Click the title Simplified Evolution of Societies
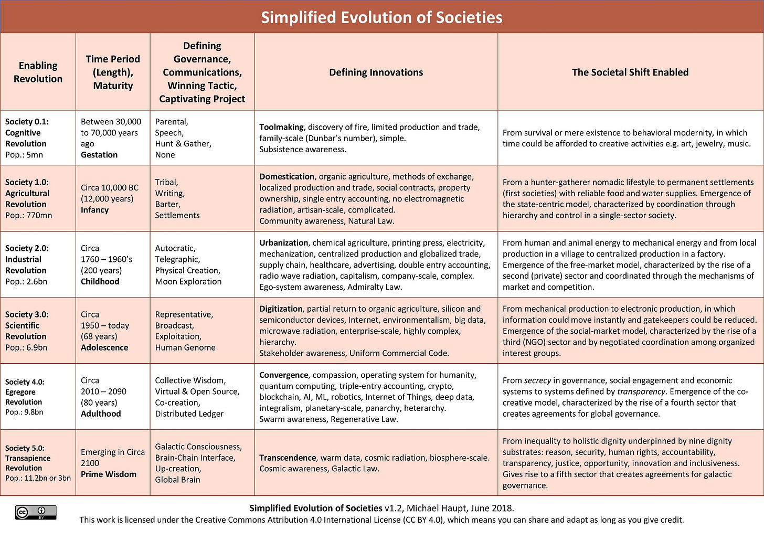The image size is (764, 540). tap(381, 17)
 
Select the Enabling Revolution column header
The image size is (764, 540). tap(38, 72)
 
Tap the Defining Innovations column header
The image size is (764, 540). tap(376, 72)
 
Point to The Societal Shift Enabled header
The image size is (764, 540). tap(630, 72)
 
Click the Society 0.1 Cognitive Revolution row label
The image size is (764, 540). tap(27, 132)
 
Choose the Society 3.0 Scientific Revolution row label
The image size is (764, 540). tap(27, 325)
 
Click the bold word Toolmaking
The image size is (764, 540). tap(281, 127)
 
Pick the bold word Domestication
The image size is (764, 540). tap(286, 177)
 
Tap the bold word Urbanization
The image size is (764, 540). tap(283, 243)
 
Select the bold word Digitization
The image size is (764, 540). tap(281, 309)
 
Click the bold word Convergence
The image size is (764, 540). tap(283, 375)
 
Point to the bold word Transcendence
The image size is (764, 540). tap(288, 458)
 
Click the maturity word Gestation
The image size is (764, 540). tap(99, 155)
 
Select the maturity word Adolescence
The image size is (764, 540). tap(104, 347)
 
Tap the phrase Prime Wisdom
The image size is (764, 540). tap(109, 474)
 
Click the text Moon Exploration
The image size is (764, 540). tap(188, 282)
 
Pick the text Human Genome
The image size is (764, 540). tap(185, 347)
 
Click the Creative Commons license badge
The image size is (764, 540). tap(36, 512)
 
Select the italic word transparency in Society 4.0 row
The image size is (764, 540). tap(641, 391)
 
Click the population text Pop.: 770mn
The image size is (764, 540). tap(29, 215)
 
